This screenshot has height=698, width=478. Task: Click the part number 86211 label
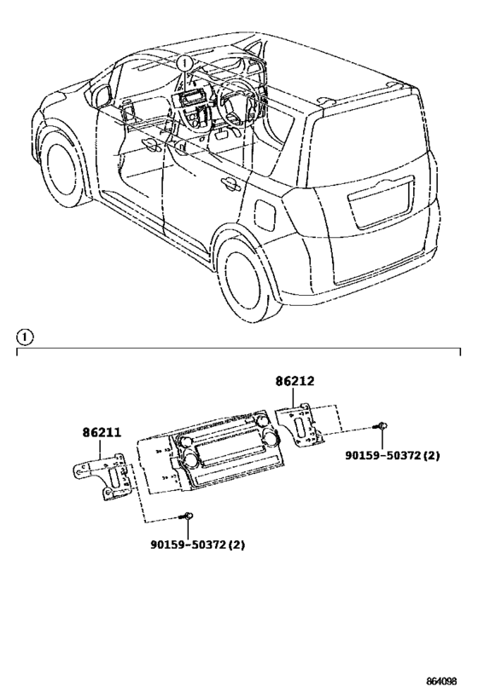(101, 433)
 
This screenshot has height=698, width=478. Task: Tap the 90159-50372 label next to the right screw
(392, 456)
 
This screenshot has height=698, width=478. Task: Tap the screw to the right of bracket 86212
(382, 426)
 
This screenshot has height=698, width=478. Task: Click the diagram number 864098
(446, 682)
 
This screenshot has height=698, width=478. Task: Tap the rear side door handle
(229, 182)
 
